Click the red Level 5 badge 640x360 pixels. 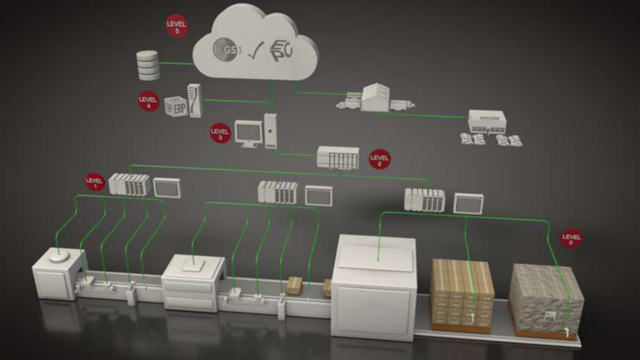[x=177, y=26]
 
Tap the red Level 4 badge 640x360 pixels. [x=148, y=101]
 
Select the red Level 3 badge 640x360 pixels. [x=220, y=133]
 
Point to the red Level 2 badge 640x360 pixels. [x=379, y=159]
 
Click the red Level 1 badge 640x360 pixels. [x=95, y=182]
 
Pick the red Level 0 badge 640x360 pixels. [x=571, y=239]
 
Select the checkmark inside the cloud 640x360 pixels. [x=255, y=51]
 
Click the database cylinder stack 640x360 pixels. [x=148, y=65]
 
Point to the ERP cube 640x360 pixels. [x=176, y=107]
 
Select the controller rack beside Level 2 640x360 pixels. [x=338, y=157]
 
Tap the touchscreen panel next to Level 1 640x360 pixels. [x=167, y=188]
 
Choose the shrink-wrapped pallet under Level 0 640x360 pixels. [x=546, y=299]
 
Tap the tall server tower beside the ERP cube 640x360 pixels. [x=195, y=100]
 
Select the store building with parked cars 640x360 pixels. [x=487, y=122]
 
